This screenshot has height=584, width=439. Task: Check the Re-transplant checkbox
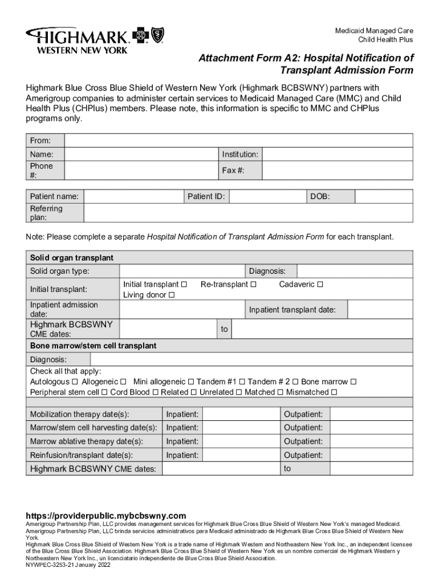tap(253, 285)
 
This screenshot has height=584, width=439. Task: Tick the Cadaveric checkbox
tap(320, 285)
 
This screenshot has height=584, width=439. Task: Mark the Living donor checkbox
tap(172, 295)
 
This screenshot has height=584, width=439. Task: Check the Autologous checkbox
tap(75, 382)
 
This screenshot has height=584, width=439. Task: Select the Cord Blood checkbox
tap(155, 392)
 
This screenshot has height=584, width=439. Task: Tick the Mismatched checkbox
tap(334, 392)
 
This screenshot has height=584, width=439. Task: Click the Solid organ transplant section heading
tap(72, 258)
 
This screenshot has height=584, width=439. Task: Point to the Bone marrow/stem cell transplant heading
tap(93, 346)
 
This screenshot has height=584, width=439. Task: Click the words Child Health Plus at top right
tap(385, 40)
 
